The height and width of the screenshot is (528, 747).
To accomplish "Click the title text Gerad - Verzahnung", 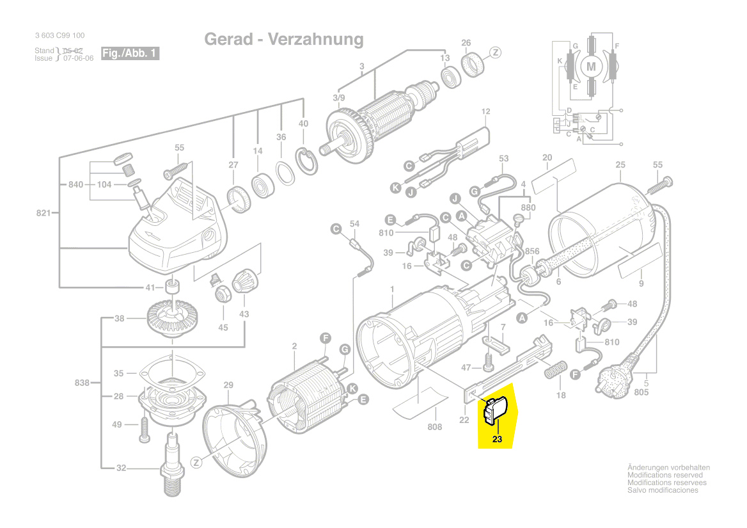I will click(x=283, y=40).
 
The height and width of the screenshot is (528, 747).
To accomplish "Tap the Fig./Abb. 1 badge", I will click(x=130, y=54).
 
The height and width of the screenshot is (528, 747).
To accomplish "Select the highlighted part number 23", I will click(x=498, y=440).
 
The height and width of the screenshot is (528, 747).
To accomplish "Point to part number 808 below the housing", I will click(x=434, y=427).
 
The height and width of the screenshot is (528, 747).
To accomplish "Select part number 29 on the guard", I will click(x=228, y=385).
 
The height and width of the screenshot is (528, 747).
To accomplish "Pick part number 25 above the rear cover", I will click(x=620, y=165).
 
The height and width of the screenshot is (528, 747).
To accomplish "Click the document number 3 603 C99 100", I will click(x=59, y=36).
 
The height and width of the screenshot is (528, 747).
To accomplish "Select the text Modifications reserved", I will click(x=665, y=476).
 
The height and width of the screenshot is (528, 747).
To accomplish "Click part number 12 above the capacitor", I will click(x=486, y=112).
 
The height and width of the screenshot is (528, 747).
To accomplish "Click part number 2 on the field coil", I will click(x=294, y=346).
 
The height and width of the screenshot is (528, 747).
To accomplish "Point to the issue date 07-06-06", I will click(x=78, y=58).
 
